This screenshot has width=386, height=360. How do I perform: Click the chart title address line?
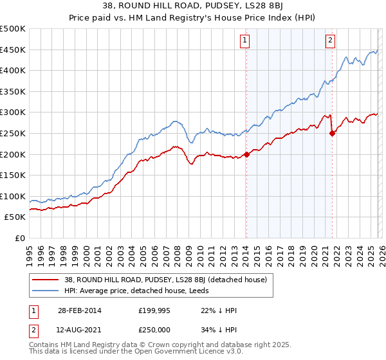point(192,6)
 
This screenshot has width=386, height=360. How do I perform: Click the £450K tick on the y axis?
point(13,50)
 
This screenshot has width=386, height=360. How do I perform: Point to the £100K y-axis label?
point(13,196)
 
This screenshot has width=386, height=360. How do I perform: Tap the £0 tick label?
point(19,238)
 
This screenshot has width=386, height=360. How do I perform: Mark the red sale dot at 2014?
point(246,154)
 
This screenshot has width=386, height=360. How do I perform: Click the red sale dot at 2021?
point(332,133)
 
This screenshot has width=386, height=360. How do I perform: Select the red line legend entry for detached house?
point(152,279)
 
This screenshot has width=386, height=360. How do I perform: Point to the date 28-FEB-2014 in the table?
point(84,310)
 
